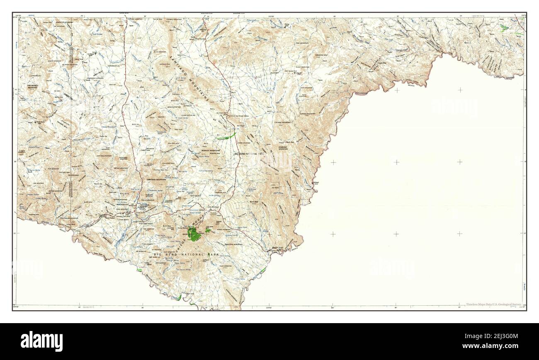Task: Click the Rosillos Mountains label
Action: (x=211, y=150)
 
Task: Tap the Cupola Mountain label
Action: (x=308, y=114)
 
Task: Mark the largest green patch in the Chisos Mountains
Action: (x=193, y=235)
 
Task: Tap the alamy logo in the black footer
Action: (x=42, y=341)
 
